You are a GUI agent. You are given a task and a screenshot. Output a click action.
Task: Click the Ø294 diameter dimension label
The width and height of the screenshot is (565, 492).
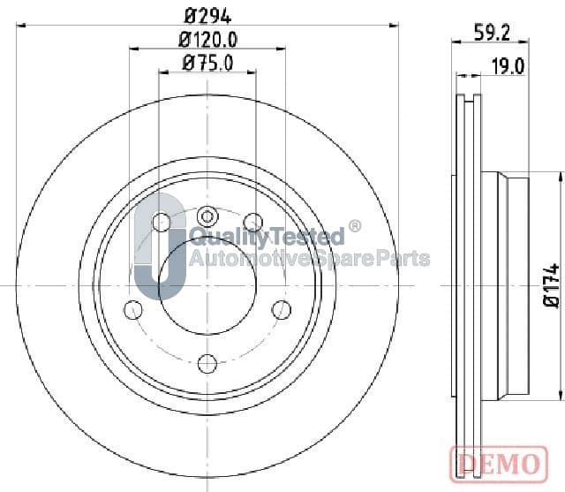pyautogui.click(x=207, y=16)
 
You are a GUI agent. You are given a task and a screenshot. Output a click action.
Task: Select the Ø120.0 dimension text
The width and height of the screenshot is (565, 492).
pyautogui.click(x=208, y=40)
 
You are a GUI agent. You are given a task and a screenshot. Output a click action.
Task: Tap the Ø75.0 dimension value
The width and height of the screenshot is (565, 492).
pyautogui.click(x=208, y=63)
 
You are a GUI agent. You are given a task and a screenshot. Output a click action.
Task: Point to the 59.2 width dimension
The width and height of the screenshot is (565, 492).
pyautogui.click(x=493, y=33)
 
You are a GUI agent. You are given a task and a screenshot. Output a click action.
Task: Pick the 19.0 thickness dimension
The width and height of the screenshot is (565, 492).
pyautogui.click(x=508, y=66)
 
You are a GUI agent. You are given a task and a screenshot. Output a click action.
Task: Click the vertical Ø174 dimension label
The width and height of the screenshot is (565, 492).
pyautogui.click(x=551, y=285)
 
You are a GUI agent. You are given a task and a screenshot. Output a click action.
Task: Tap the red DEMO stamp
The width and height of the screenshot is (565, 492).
pyautogui.click(x=499, y=464)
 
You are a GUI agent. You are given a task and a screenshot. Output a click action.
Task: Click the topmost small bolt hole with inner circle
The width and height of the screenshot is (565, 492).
pyautogui.click(x=207, y=216)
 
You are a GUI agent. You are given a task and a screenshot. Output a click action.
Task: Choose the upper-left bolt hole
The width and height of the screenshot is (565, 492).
pyautogui.click(x=162, y=222)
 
